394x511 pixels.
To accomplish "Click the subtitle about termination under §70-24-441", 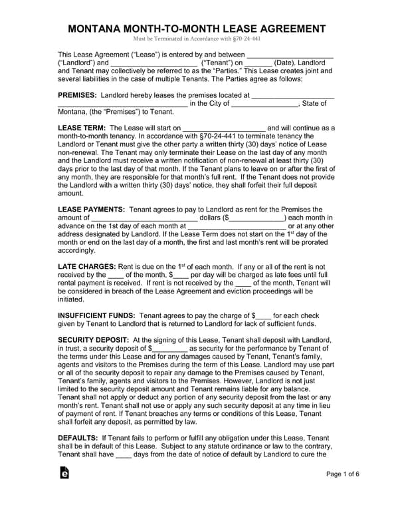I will [x=197, y=40].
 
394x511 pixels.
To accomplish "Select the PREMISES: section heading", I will [x=78, y=95].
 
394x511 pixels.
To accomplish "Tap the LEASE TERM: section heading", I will [x=81, y=128].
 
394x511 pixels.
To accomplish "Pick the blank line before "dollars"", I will [x=144, y=217].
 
